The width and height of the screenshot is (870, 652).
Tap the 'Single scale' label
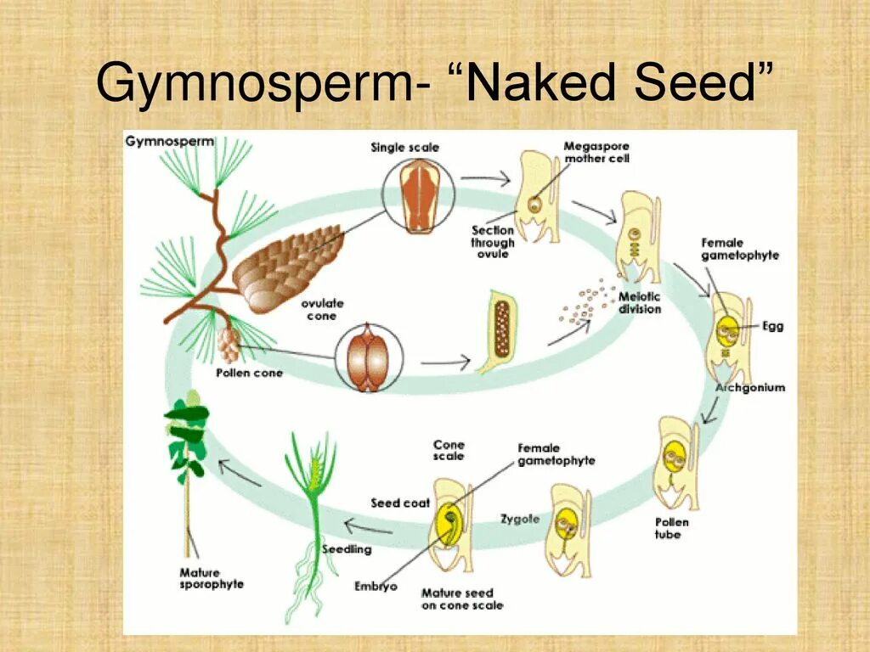click(404, 148)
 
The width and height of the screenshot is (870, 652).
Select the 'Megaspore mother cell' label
click(596, 152)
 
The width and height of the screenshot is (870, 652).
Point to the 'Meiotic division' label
click(640, 303)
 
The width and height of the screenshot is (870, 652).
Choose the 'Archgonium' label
click(750, 388)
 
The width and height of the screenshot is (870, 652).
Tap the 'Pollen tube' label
click(671, 528)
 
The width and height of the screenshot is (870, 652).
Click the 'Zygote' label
click(519, 519)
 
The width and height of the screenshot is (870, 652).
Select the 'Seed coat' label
click(400, 503)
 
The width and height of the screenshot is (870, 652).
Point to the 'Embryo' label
click(376, 586)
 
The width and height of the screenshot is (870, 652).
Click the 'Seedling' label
click(347, 549)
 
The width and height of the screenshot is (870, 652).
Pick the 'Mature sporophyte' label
click(212, 578)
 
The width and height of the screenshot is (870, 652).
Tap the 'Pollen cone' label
click(249, 373)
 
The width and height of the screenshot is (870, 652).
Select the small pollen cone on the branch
click(228, 344)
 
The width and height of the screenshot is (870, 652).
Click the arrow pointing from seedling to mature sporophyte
click(240, 473)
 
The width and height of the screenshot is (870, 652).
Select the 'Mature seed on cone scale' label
click(461, 599)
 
